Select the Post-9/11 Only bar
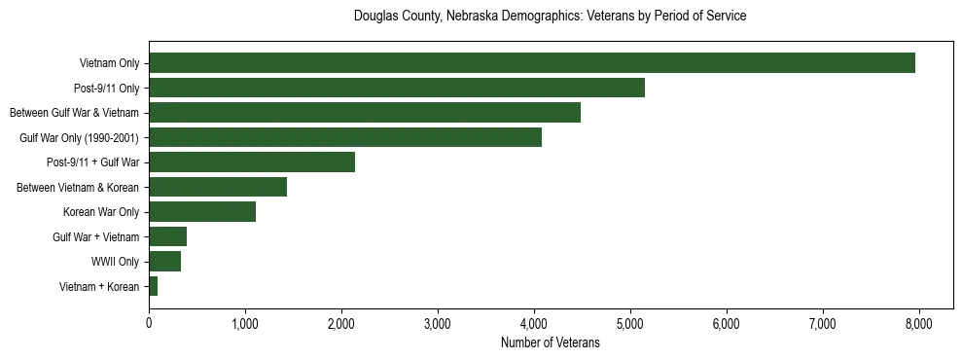tap(397, 88)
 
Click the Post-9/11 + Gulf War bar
tap(252, 162)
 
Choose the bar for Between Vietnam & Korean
tap(218, 187)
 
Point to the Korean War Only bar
tap(202, 212)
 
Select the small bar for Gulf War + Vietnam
tap(167, 236)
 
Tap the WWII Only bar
tap(164, 262)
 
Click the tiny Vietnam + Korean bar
tap(153, 286)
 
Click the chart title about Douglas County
tap(550, 17)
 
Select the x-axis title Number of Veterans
tap(550, 343)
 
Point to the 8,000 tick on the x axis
tap(919, 323)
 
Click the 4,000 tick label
tap(534, 323)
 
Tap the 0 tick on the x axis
tap(149, 323)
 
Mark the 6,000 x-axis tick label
tap(727, 323)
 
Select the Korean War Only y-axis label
tap(101, 212)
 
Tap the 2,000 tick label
tap(341, 323)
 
